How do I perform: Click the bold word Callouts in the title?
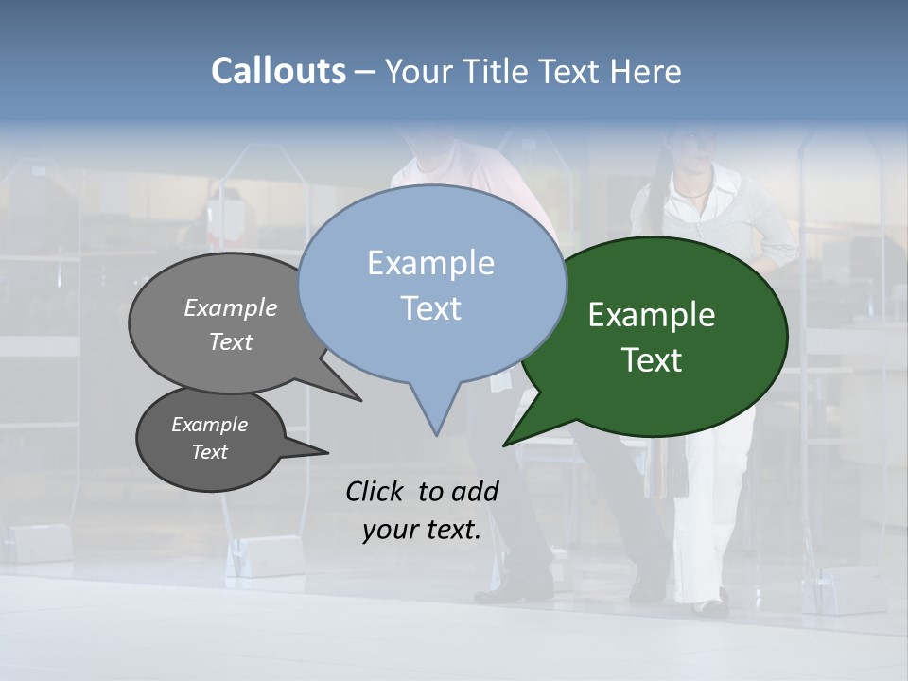click(x=278, y=71)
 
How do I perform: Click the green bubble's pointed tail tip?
click(x=505, y=445)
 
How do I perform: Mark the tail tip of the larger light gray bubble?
click(x=359, y=400)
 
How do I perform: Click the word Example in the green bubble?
click(x=652, y=315)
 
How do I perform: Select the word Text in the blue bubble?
click(x=431, y=308)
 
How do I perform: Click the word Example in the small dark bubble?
click(x=209, y=425)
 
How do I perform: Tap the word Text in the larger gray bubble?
click(x=231, y=341)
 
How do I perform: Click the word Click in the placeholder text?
click(x=374, y=491)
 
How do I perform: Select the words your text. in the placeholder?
click(x=422, y=530)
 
